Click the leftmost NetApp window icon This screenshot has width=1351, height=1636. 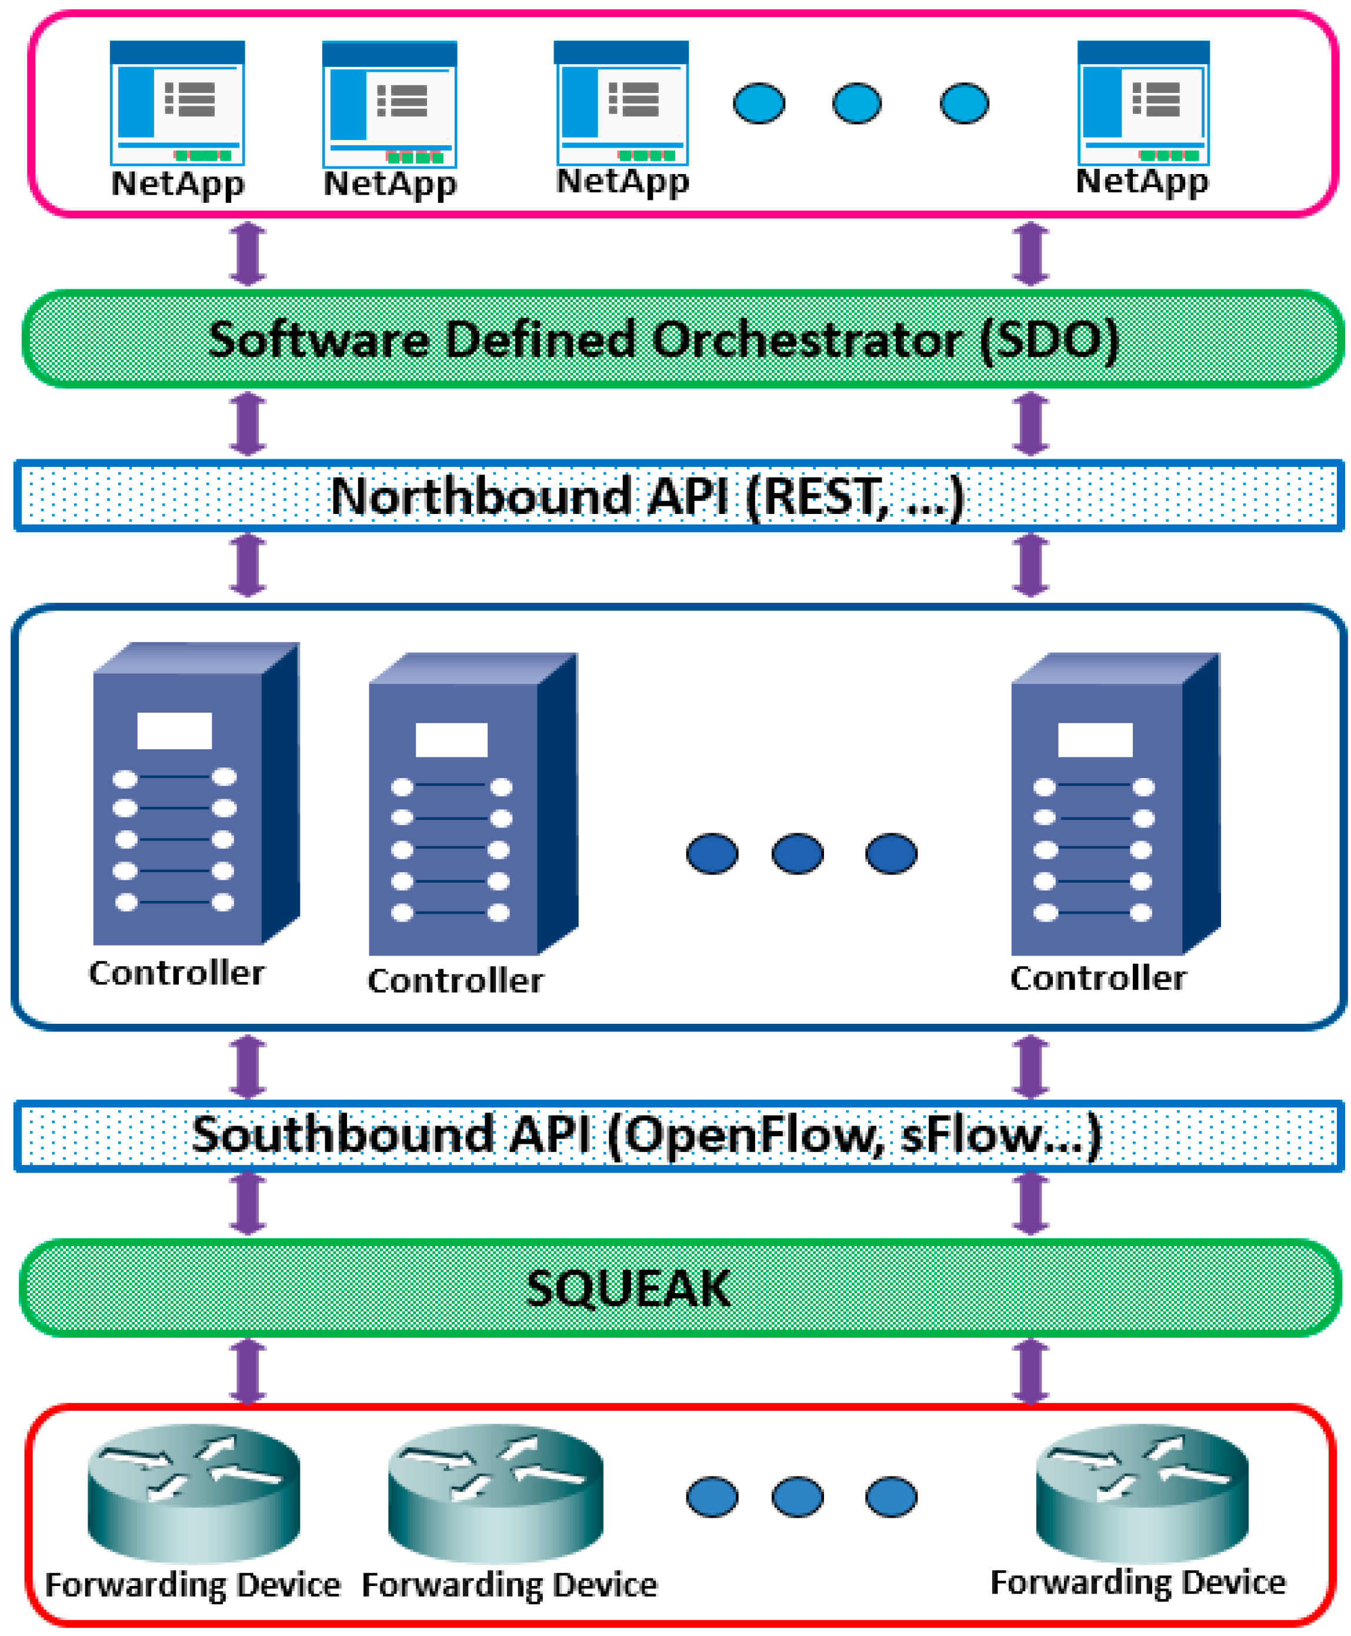click(x=178, y=103)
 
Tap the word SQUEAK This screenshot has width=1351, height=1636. click(x=628, y=1288)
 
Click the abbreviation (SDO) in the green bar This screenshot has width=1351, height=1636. click(x=1049, y=340)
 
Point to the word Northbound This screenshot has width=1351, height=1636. click(x=481, y=496)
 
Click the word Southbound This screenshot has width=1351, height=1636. click(x=342, y=1135)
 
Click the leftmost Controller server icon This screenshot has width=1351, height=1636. click(x=195, y=793)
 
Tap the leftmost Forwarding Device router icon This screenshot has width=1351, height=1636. click(x=193, y=1493)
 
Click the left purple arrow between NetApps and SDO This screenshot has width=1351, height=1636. click(x=248, y=253)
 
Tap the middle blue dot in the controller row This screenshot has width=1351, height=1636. click(x=797, y=853)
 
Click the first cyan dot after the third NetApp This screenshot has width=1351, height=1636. click(x=759, y=103)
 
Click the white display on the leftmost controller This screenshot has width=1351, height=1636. click(x=174, y=730)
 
